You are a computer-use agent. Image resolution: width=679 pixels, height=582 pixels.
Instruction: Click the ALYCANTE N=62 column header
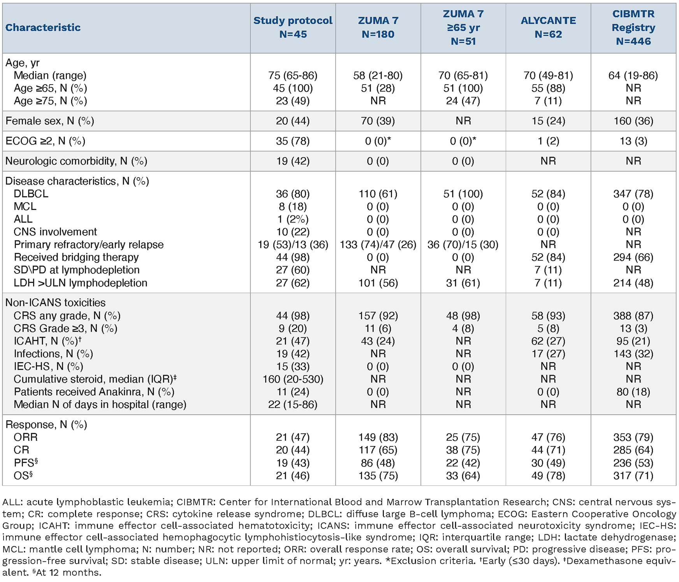coord(548,27)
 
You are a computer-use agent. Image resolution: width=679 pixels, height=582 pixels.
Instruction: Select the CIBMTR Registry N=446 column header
coord(633,27)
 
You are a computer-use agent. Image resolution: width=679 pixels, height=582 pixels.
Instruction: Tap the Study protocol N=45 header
coord(293,27)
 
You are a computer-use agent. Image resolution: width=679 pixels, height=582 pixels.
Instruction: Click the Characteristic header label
coord(43,27)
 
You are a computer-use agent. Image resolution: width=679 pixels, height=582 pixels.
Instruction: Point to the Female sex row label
coord(50,121)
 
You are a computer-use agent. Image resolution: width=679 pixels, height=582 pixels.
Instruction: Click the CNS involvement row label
coord(55,232)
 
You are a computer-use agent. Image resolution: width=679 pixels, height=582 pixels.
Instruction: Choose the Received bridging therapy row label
coord(76,257)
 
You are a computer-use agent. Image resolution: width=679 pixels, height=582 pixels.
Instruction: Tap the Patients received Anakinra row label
coord(94,392)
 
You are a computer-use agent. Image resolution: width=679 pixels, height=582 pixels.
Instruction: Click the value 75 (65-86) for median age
coord(293,75)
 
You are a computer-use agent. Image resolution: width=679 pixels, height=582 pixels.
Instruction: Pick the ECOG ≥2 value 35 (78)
coord(293,141)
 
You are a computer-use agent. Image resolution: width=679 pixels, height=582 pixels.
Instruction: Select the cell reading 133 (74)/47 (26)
coord(378,245)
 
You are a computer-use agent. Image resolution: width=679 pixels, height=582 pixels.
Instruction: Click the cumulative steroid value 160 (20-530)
coord(293,379)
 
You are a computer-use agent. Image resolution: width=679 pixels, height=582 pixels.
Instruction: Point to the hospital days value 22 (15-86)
coord(293,404)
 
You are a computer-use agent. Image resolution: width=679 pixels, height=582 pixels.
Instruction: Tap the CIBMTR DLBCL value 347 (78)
coord(633,194)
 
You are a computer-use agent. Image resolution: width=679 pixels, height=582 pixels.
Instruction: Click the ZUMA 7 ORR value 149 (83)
coord(378,437)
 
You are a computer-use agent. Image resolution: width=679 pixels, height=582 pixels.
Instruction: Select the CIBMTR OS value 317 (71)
coord(633,476)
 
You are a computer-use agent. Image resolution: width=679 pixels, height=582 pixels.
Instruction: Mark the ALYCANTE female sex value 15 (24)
coord(548,121)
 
